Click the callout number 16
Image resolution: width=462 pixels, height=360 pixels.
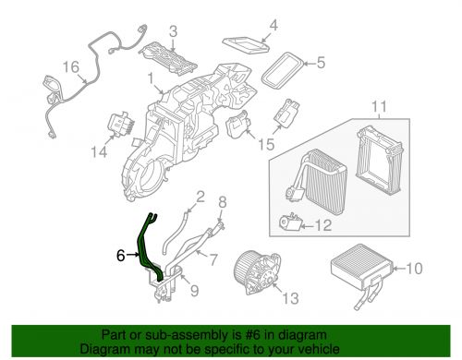(71, 67)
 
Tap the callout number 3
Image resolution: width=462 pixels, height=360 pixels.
(174, 31)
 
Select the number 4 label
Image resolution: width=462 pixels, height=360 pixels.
(274, 25)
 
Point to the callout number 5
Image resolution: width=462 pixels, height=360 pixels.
(321, 63)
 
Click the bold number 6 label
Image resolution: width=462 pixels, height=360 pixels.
(121, 256)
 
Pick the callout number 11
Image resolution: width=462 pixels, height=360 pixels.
(379, 107)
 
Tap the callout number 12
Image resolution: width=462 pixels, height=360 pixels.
(323, 225)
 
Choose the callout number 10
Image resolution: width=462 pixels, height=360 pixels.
(414, 269)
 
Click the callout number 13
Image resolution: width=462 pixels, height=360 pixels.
(290, 298)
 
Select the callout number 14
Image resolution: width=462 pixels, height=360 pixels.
(99, 152)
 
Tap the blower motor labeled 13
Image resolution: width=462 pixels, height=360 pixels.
(258, 272)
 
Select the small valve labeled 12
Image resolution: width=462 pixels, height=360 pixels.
(290, 222)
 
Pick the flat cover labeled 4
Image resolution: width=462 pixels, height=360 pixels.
(247, 45)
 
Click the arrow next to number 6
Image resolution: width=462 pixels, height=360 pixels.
(133, 255)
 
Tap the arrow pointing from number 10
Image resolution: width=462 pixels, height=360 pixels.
(399, 269)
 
